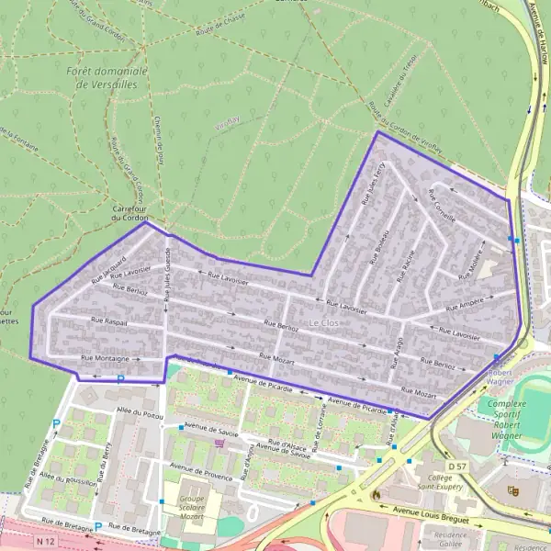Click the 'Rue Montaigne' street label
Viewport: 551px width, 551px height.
pyautogui.click(x=104, y=358)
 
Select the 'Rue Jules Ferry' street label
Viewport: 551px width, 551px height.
pyautogui.click(x=372, y=184)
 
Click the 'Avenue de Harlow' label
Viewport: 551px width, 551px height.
pyautogui.click(x=540, y=45)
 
